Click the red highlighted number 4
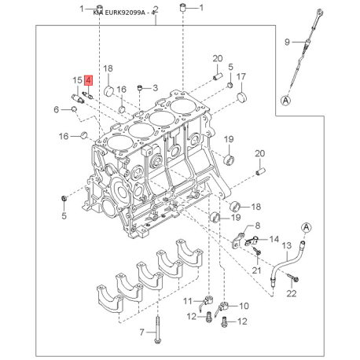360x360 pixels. pyautogui.click(x=89, y=79)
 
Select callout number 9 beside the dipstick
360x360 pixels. pyautogui.click(x=287, y=42)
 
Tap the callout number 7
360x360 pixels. pyautogui.click(x=142, y=332)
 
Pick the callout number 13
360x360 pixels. pyautogui.click(x=287, y=245)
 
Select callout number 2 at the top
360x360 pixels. pyautogui.click(x=156, y=9)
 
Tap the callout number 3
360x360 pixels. pyautogui.click(x=155, y=87)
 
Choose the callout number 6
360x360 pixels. pyautogui.click(x=56, y=109)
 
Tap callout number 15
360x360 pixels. pyautogui.click(x=77, y=79)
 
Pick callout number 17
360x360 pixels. pyautogui.click(x=242, y=76)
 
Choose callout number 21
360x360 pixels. pyautogui.click(x=256, y=270)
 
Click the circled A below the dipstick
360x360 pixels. pyautogui.click(x=287, y=99)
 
